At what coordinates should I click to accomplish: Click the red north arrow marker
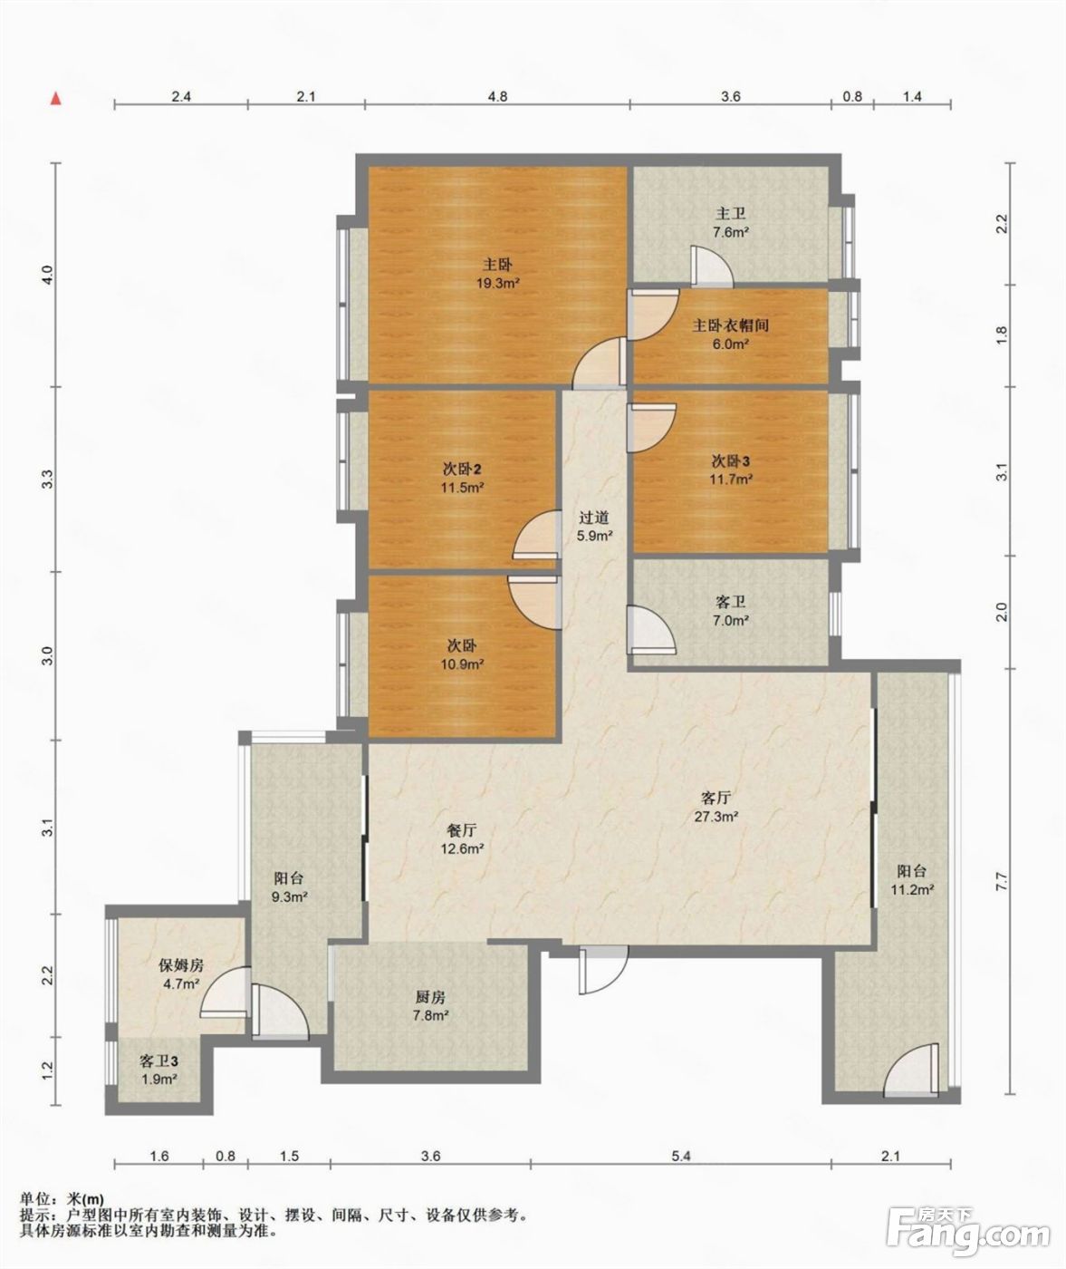56,99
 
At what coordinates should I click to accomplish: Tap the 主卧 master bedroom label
497,265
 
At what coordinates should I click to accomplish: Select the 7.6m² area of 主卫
730,231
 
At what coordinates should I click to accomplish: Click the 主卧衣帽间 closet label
731,325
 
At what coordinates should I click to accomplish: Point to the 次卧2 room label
462,470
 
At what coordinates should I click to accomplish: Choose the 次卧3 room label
731,460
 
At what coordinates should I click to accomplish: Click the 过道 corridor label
593,518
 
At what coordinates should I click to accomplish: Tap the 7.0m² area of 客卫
730,621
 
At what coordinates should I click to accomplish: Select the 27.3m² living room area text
716,816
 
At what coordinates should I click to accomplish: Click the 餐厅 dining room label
462,830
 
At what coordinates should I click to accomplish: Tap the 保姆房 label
181,965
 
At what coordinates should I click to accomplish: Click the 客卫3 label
158,1061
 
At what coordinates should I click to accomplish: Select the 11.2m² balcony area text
912,889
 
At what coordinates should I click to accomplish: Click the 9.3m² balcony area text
289,896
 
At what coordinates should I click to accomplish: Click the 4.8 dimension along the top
497,96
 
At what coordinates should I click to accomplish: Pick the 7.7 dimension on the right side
1002,881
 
